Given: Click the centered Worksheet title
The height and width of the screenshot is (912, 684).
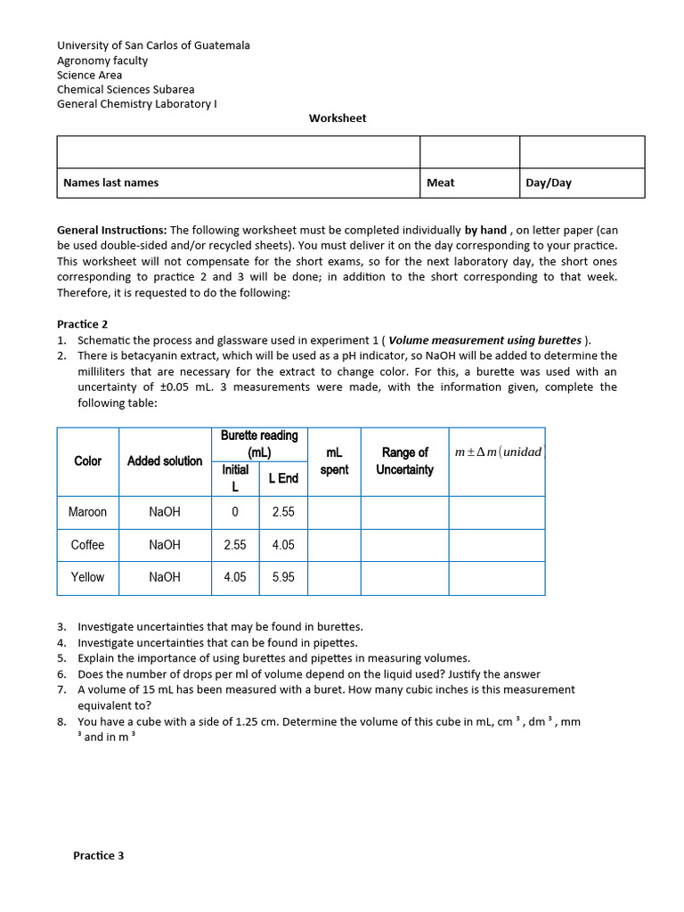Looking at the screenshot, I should (338, 118).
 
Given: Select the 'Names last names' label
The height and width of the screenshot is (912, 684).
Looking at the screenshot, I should (110, 183).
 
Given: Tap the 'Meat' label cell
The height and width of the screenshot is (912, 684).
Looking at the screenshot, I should (440, 183).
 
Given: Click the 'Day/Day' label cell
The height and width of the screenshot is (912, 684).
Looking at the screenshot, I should (549, 183).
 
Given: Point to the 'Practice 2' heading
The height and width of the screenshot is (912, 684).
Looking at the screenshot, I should (82, 324).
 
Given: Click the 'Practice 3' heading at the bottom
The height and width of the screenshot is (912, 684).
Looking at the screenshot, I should (98, 855).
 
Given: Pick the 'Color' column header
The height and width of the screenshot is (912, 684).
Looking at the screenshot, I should (87, 461).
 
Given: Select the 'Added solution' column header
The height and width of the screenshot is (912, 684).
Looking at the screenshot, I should (165, 461).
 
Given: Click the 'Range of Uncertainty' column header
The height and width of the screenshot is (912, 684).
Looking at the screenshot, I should (404, 461).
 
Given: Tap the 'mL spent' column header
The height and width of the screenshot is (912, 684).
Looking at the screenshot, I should (334, 461).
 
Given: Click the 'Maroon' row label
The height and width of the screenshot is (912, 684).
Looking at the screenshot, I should (87, 512).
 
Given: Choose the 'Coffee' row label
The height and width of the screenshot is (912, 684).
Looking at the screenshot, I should (87, 545).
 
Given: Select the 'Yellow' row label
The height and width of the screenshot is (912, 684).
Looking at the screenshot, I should (87, 577).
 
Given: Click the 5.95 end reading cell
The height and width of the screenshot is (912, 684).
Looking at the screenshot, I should (283, 577).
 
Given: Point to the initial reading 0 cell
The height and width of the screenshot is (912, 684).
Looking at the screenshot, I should (235, 512).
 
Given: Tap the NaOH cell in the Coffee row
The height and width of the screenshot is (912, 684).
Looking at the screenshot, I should (165, 545).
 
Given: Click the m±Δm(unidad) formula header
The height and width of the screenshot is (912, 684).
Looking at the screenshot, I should (497, 452).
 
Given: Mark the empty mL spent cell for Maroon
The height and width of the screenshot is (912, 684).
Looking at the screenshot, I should (334, 512).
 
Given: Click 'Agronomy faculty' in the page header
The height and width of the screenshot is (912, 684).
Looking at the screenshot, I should (102, 61).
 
